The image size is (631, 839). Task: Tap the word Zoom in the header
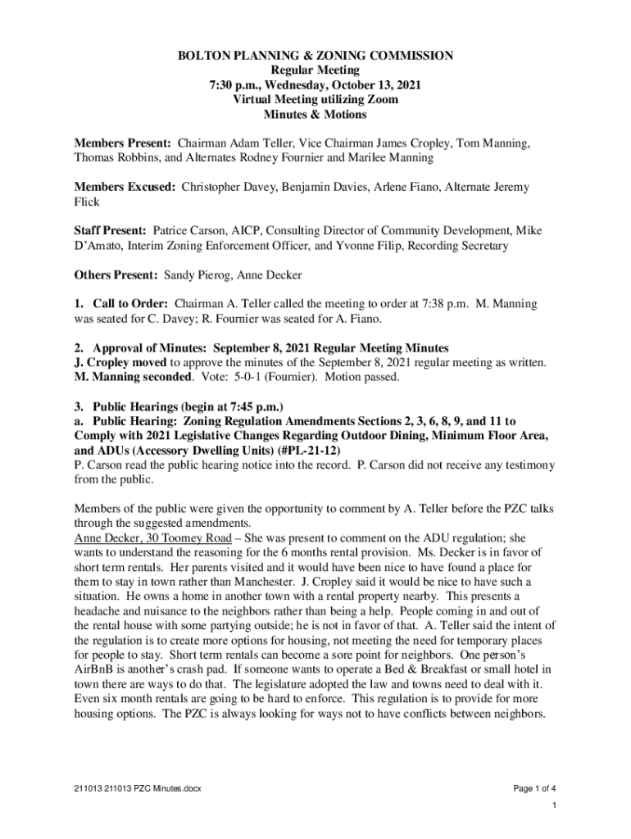coord(383,100)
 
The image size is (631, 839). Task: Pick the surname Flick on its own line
coord(87,202)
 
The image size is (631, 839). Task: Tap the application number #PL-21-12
coord(309,451)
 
